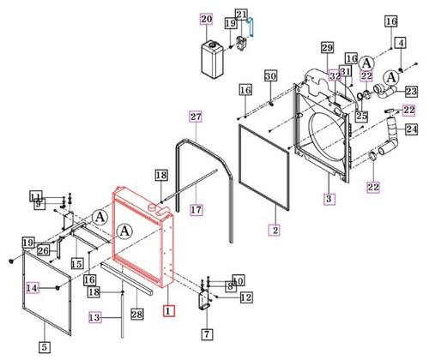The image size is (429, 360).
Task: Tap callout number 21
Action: [x=241, y=13]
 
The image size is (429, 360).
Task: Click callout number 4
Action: [x=400, y=43]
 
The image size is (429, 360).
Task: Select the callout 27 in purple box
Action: [x=195, y=117]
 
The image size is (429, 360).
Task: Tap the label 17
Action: [x=196, y=209]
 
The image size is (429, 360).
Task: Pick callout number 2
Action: [x=275, y=230]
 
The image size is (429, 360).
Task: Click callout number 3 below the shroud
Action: [x=329, y=199]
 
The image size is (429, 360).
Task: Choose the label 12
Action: [x=245, y=297]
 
